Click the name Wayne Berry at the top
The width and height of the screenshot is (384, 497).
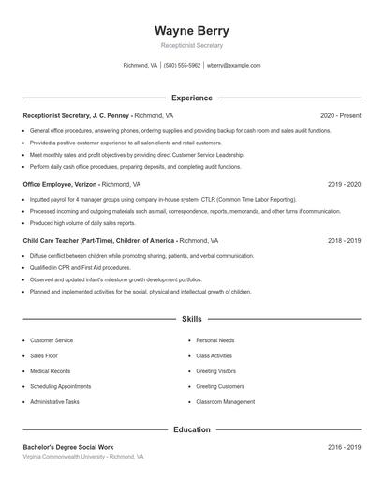191,30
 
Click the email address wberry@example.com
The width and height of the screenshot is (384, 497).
233,66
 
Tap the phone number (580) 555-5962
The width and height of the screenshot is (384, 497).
182,66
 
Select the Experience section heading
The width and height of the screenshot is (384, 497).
191,98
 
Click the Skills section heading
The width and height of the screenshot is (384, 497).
191,320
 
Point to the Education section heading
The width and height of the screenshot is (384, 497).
191,429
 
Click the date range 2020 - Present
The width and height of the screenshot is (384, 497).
340,115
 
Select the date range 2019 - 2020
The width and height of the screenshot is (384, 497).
344,185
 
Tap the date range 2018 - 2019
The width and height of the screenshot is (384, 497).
344,241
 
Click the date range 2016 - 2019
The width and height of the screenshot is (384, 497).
344,447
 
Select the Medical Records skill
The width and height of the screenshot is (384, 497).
51,371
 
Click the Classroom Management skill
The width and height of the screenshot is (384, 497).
225,401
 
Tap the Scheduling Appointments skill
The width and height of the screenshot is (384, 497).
60,386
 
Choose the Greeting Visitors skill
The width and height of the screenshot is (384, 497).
215,371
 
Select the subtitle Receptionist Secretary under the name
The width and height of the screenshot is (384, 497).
191,45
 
